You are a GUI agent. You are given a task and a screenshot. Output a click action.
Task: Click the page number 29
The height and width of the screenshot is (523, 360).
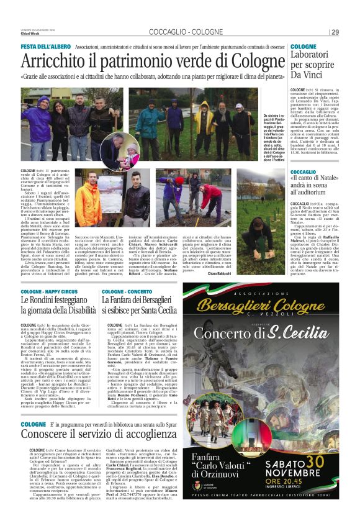[x=335, y=32]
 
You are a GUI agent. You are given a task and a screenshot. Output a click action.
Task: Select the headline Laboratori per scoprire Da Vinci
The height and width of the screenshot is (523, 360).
[x=314, y=65]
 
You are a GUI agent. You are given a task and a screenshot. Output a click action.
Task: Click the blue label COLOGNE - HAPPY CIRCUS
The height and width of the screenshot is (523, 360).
[x=50, y=291]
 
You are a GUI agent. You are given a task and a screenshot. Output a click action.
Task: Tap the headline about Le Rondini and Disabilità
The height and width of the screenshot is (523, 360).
[x=58, y=305]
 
